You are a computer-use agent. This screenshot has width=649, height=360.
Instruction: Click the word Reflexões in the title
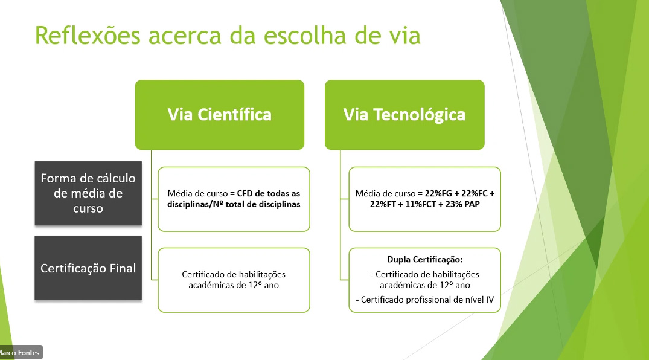coord(88,35)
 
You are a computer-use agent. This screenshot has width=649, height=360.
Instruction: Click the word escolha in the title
coord(305,35)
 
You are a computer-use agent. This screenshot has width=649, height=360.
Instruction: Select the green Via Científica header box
coord(219,115)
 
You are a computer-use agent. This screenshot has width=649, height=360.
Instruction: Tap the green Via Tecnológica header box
coord(404,115)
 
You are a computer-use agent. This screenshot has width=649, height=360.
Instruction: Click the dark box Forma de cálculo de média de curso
coord(88,193)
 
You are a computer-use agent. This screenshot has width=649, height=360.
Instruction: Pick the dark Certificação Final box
coord(88,268)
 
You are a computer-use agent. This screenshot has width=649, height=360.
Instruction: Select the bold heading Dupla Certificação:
coord(424,259)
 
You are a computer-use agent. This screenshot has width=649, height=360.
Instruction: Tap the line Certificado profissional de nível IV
coord(427,300)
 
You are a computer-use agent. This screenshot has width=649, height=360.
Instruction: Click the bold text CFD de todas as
coord(269,193)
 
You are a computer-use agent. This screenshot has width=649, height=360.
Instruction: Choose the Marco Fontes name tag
coord(20,353)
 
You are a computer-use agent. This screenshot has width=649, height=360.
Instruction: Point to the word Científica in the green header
coord(234,115)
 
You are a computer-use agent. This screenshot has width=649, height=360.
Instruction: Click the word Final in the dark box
coord(123,268)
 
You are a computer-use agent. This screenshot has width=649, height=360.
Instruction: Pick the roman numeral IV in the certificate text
coord(490,300)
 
